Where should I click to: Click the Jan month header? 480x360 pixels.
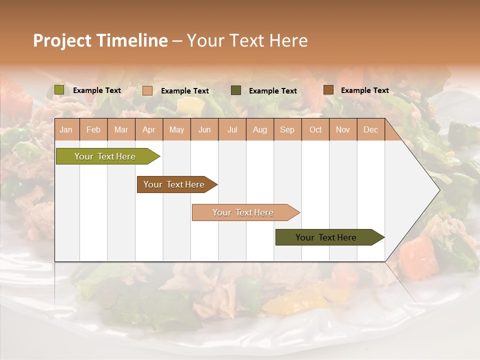[x=66, y=130]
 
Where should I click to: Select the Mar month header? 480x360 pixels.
[x=121, y=130]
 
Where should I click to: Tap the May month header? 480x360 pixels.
[x=176, y=130]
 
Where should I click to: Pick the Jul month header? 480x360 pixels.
[x=232, y=130]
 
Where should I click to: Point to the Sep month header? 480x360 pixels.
[x=287, y=130]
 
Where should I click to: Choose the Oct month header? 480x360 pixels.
[x=315, y=130]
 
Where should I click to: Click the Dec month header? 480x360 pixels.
[x=370, y=130]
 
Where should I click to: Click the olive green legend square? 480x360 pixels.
[x=59, y=90]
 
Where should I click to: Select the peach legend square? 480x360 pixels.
[x=147, y=90]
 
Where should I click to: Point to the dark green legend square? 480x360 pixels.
[x=236, y=90]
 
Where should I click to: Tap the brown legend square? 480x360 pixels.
[x=328, y=90]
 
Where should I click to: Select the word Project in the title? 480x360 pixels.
[x=62, y=40]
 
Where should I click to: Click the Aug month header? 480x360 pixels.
[x=259, y=130]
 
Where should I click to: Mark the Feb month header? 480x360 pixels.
[x=93, y=130]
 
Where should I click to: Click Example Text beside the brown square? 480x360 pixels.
[x=364, y=90]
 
